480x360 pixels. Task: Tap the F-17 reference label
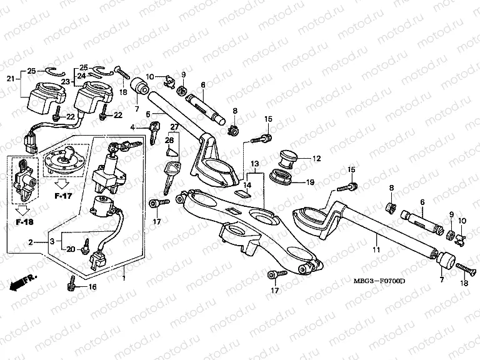click(x=64, y=196)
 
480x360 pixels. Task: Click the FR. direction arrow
click(x=23, y=283)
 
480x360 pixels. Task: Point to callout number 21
click(x=10, y=78)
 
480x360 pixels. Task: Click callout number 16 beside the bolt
click(x=93, y=287)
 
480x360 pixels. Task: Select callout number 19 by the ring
click(x=310, y=183)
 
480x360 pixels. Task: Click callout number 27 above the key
click(x=174, y=127)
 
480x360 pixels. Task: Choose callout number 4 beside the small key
click(x=132, y=128)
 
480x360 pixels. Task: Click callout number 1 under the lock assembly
click(x=124, y=277)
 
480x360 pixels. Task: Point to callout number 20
click(x=71, y=249)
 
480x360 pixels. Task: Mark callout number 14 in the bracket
click(x=247, y=185)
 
